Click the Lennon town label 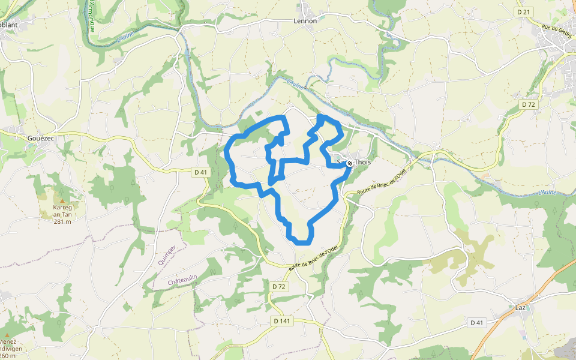coord(305,20)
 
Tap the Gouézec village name coord(40,138)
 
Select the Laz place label coord(520,308)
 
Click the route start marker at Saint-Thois coord(350,163)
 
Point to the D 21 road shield coord(524,12)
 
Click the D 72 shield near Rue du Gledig coord(528,104)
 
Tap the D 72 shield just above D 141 coord(279,287)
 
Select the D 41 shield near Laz coord(476,323)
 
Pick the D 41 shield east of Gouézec coord(200,172)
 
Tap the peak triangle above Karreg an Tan coord(60,200)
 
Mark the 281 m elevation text coord(62,221)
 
